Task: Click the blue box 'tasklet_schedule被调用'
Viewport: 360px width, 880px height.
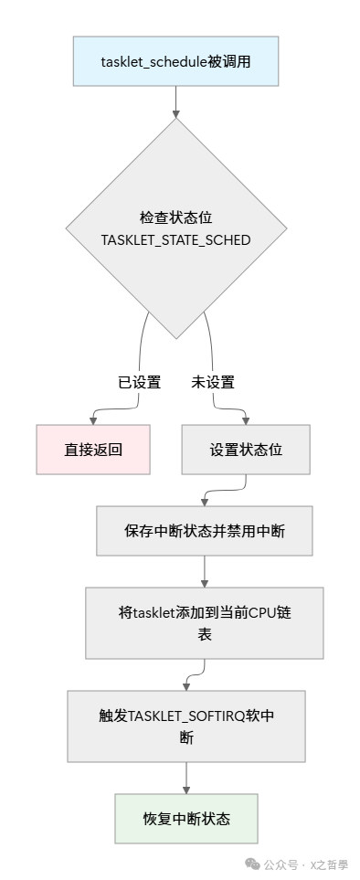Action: (175, 61)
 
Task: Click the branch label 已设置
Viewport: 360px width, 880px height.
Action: (139, 382)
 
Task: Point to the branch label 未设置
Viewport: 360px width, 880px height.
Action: (212, 382)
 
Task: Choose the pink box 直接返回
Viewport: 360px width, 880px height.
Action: (93, 450)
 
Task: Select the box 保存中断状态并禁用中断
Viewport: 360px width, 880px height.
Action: (204, 531)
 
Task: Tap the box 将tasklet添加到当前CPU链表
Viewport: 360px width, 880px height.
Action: (204, 622)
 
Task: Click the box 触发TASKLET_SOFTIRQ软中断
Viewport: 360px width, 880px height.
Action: (185, 727)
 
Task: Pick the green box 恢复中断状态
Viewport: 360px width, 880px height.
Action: (185, 819)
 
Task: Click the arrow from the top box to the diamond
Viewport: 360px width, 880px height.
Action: (175, 102)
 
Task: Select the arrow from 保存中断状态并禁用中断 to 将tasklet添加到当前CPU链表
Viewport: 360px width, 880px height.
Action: (204, 571)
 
